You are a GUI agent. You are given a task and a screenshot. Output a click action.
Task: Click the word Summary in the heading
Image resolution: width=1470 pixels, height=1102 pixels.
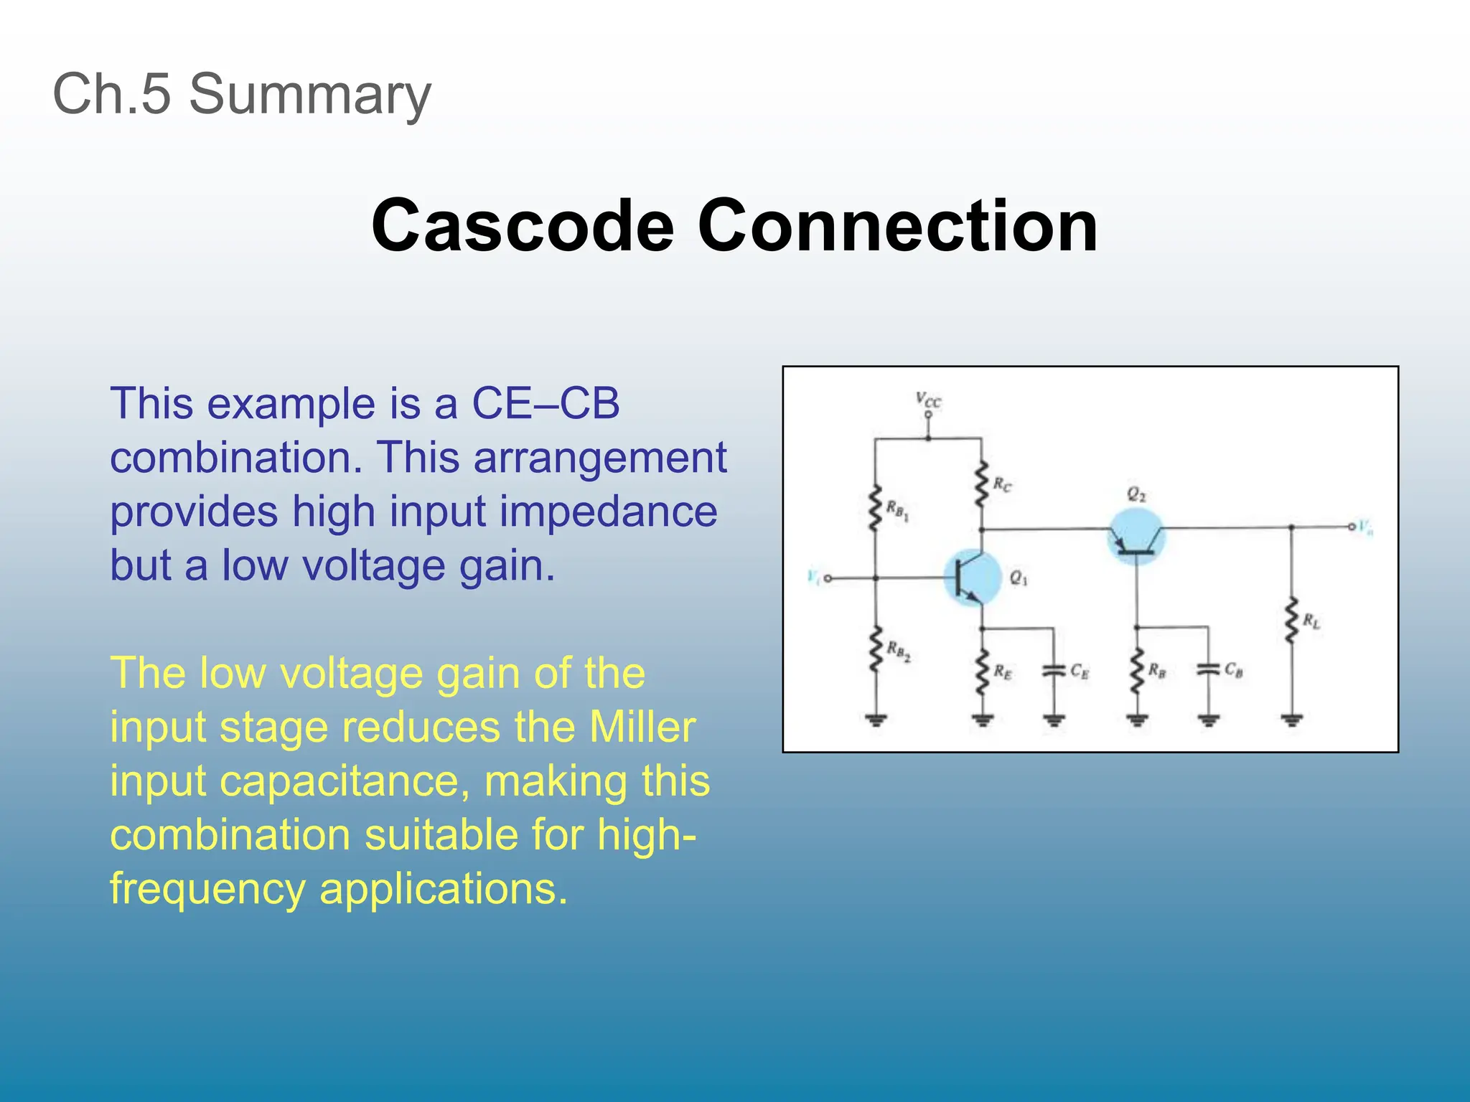pos(310,95)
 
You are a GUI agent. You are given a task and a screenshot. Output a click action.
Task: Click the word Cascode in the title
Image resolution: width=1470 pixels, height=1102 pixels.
pos(523,226)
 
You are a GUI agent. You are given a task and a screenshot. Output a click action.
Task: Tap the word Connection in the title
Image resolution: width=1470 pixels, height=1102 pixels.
pos(897,226)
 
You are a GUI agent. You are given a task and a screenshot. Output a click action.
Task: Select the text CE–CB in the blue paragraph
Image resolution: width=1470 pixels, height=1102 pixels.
pos(546,403)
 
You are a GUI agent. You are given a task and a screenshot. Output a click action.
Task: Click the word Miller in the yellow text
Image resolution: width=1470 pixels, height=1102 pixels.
pos(642,727)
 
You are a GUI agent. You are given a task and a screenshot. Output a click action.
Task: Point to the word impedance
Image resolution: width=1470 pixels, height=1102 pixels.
pos(609,512)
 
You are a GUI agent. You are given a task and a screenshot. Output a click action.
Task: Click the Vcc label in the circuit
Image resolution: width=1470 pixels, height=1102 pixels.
pos(928,400)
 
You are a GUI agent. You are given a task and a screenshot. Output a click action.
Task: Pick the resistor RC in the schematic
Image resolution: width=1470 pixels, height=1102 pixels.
pos(981,484)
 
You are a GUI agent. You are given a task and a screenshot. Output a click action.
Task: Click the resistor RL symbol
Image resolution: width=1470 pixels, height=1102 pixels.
pos(1291,621)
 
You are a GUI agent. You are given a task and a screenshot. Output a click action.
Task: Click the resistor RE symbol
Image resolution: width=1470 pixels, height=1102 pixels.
pos(982,672)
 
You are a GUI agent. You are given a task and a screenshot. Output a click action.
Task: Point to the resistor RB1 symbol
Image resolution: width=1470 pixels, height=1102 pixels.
pos(875,508)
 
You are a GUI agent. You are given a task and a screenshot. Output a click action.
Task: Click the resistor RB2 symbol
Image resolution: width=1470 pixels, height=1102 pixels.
pos(875,649)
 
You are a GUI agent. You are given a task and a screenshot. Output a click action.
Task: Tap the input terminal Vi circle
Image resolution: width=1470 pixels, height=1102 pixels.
pos(828,578)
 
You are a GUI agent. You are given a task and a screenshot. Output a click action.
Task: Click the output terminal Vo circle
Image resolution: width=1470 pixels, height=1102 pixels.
pos(1352,527)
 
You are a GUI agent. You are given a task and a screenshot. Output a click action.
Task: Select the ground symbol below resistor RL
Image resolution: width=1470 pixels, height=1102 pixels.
pos(1291,720)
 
